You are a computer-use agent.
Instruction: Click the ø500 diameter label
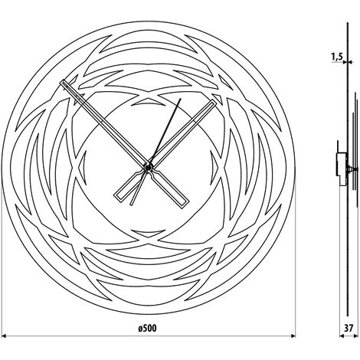[x=147, y=328]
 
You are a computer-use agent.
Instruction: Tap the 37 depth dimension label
[x=349, y=328]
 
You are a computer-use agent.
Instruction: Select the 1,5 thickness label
[x=337, y=57]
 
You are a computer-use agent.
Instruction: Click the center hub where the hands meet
[x=149, y=167]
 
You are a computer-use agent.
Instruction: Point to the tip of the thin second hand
[x=181, y=99]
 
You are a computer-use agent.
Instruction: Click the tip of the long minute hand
[x=61, y=82]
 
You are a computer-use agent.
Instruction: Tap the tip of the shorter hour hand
[x=214, y=102]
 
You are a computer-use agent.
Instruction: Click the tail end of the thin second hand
[x=131, y=205]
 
